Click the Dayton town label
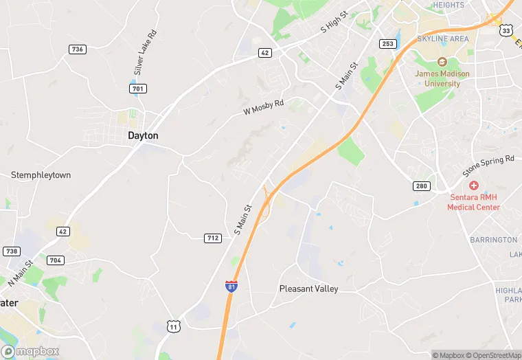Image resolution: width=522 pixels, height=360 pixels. click(143, 136)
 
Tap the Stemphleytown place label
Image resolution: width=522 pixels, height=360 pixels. click(41, 175)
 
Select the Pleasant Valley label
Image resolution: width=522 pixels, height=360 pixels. click(308, 289)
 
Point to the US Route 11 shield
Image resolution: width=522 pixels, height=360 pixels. click(174, 327)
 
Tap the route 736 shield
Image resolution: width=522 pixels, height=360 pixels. click(78, 49)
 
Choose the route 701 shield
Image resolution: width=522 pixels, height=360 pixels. click(138, 89)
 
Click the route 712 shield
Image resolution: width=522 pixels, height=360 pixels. click(213, 238)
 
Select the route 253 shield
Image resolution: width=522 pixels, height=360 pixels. click(388, 43)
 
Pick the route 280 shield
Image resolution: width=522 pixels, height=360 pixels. click(422, 186)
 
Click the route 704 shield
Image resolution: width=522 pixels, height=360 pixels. click(56, 260)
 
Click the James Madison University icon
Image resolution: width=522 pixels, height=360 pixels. click(442, 62)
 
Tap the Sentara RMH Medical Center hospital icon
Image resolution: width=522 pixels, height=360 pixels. click(473, 186)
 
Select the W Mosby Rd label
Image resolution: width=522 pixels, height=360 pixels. click(263, 107)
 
